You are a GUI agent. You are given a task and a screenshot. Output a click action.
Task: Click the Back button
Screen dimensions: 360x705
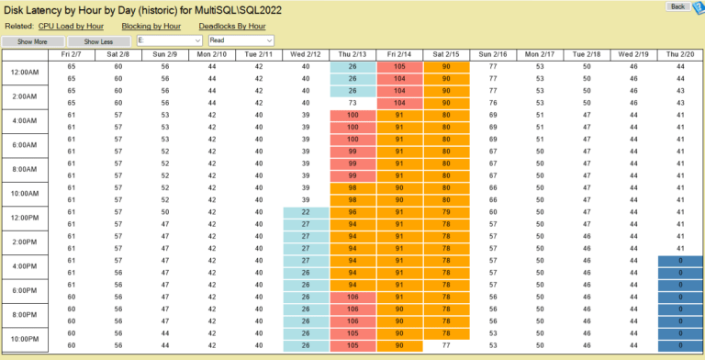click(x=677, y=6)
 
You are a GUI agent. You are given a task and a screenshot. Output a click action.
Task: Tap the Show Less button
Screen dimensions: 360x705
click(x=98, y=41)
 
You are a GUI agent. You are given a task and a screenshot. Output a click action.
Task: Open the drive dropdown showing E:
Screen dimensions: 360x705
click(x=169, y=41)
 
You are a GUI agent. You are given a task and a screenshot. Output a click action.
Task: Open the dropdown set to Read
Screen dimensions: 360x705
click(x=241, y=41)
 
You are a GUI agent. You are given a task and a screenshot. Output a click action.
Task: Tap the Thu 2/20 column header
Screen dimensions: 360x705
click(x=679, y=55)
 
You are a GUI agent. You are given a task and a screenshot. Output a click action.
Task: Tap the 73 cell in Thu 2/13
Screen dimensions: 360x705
click(x=352, y=103)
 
